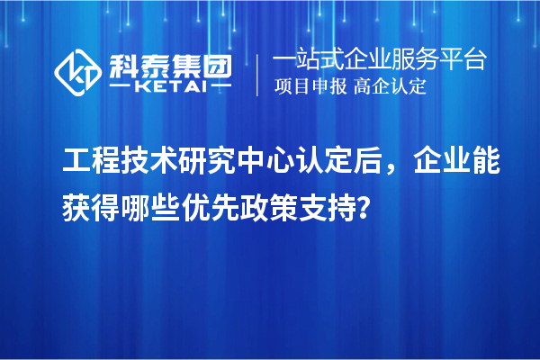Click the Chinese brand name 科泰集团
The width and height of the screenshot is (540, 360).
pyautogui.click(x=169, y=64)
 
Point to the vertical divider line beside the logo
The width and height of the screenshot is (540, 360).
pyautogui.click(x=258, y=75)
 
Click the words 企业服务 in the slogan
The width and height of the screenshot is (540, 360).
pyautogui.click(x=395, y=61)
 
